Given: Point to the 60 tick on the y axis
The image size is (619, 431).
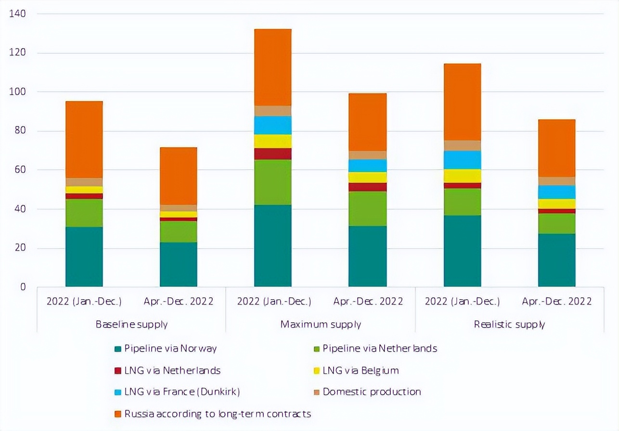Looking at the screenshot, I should tap(19, 170).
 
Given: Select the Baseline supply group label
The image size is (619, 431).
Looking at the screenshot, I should tap(131, 324).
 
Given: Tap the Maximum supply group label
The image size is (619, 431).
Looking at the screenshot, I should tap(321, 324).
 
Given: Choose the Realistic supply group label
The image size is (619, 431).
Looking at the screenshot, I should tap(509, 324).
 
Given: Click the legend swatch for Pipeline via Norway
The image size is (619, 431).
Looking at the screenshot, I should tap(118, 349).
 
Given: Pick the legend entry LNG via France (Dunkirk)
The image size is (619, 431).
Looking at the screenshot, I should tap(182, 392).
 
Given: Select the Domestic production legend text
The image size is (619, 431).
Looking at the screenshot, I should tap(372, 392).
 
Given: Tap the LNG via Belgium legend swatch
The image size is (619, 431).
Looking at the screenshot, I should tap(316, 371).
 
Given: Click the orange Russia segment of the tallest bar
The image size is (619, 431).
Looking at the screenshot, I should tap(273, 67).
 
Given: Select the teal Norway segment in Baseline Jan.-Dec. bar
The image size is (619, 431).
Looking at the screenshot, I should tap(84, 257).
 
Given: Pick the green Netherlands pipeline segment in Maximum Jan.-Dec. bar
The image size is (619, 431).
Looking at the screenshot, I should tap(273, 182).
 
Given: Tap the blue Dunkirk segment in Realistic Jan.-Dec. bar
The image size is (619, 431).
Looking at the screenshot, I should tap(462, 160).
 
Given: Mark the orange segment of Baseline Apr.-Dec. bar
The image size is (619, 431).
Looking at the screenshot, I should tap(179, 176).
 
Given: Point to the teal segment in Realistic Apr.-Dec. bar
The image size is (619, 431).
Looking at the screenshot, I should tap(556, 260).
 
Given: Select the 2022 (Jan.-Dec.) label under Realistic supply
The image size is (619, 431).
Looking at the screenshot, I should tap(462, 302).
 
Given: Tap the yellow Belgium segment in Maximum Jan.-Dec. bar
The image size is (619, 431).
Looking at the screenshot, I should tap(273, 141).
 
